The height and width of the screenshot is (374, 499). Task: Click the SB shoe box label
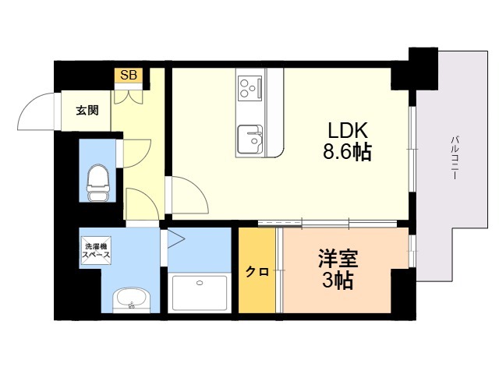point(129,75)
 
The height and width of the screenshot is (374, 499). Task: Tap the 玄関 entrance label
point(87,111)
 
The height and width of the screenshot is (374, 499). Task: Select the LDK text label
point(348,130)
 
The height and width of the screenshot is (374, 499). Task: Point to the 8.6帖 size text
point(347,152)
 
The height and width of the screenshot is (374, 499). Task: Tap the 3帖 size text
point(338,280)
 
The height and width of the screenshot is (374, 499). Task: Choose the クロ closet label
point(257,272)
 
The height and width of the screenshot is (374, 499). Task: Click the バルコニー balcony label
point(455,158)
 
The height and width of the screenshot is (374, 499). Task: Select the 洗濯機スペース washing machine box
point(97,250)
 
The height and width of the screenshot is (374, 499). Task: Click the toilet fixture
point(98,183)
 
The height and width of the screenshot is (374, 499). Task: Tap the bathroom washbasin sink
point(131,300)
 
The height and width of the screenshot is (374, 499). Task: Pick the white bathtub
point(200,293)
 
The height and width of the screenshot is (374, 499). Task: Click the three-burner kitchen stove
point(250,88)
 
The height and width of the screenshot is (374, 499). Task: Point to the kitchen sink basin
point(250,139)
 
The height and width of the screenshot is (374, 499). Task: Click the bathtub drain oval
point(200,283)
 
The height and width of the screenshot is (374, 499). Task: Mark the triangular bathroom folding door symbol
point(175,239)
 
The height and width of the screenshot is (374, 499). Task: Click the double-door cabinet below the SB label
point(129,97)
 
